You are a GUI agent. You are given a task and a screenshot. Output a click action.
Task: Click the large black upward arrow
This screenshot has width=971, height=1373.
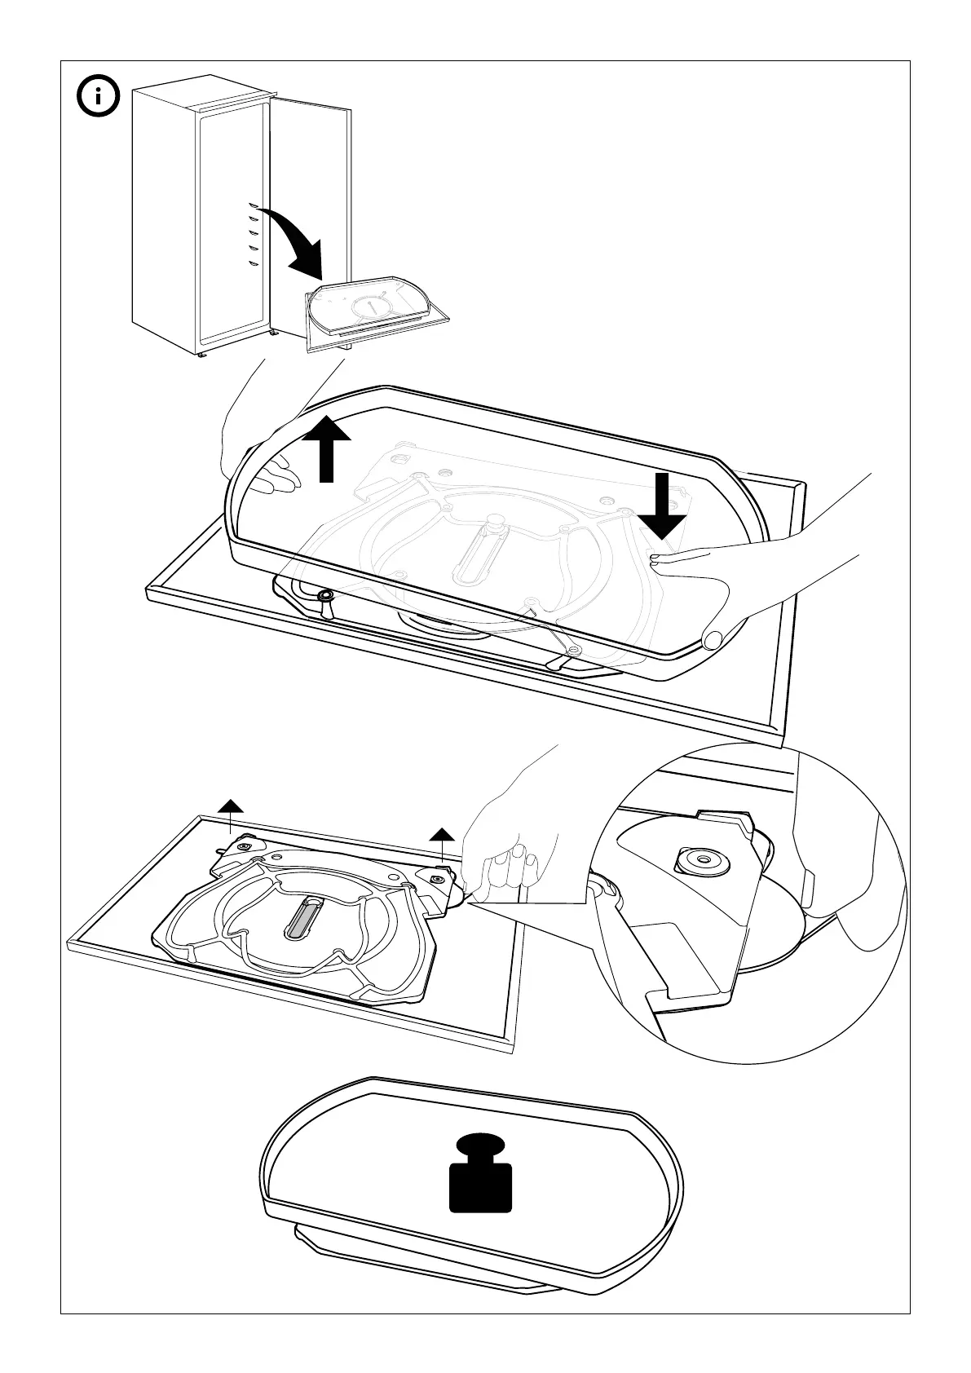[x=326, y=448]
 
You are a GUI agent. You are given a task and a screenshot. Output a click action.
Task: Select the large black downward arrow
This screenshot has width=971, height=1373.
[x=662, y=505]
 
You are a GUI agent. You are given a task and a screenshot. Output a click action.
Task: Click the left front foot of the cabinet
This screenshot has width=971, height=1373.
[x=201, y=355]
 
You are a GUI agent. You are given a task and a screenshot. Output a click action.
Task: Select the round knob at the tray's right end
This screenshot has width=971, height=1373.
[x=713, y=638]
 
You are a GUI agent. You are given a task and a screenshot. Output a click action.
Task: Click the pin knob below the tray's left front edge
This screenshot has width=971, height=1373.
[x=325, y=598]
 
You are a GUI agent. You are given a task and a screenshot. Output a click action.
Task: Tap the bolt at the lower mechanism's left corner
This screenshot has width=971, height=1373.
[x=245, y=848]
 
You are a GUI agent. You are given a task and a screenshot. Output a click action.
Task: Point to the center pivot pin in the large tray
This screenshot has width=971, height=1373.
[x=494, y=522]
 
